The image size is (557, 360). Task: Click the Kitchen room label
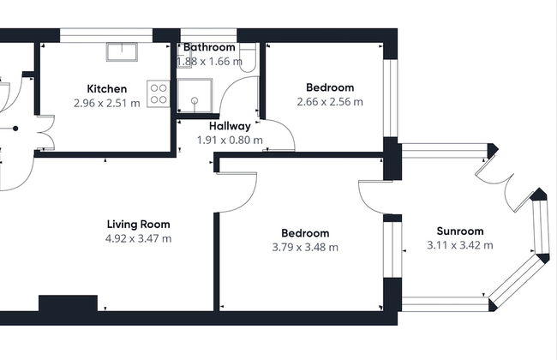coord(107,88)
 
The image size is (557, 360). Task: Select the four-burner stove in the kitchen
coord(158,93)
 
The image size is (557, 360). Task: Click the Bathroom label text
coord(208,47)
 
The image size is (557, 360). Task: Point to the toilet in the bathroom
coord(247,57)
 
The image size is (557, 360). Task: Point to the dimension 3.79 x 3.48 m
coord(305,247)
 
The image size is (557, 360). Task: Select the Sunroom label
coord(460,231)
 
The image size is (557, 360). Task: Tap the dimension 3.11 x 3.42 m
coord(460,245)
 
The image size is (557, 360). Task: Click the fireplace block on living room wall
coord(68,304)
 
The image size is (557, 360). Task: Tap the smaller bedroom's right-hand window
coord(391,98)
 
